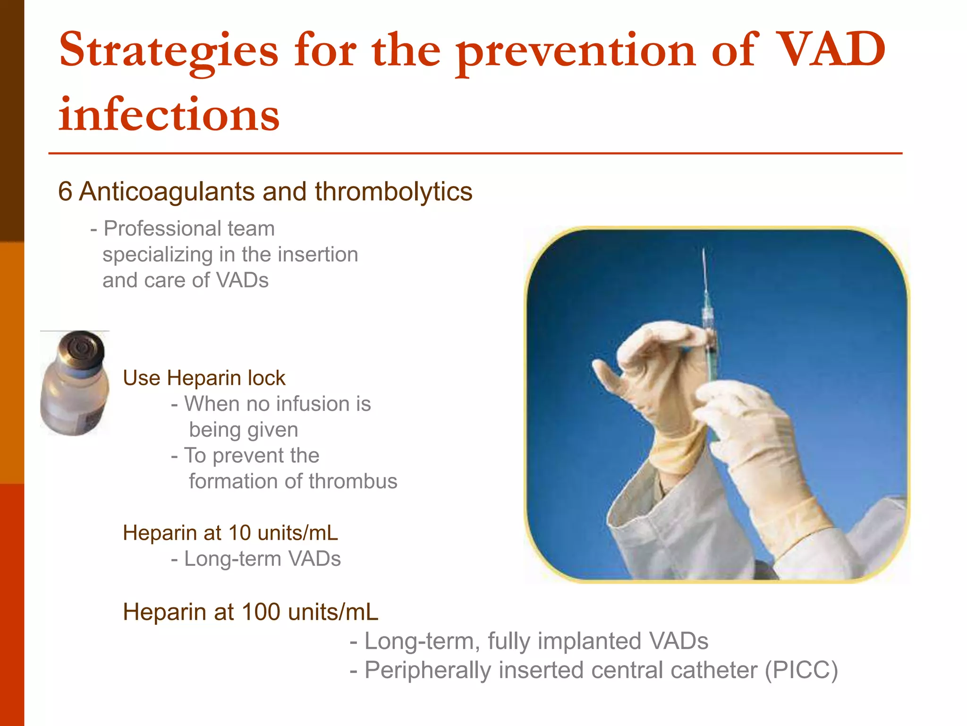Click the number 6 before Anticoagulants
(x=65, y=192)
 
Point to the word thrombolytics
(x=393, y=192)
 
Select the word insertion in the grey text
(x=317, y=255)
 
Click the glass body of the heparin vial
(x=73, y=402)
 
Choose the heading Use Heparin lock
(x=204, y=378)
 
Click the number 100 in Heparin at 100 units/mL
(x=260, y=612)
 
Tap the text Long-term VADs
(x=262, y=559)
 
